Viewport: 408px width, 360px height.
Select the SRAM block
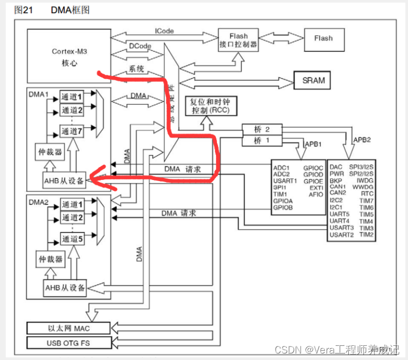tap(313, 81)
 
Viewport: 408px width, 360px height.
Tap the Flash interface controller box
tap(238, 39)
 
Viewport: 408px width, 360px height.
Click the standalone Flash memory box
tap(323, 38)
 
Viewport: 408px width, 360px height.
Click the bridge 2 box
tap(262, 129)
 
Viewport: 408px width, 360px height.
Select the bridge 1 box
tap(262, 140)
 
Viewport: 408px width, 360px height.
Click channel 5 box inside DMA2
tap(72, 239)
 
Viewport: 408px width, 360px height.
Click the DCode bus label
tap(139, 47)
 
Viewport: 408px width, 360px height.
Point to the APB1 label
tap(313, 145)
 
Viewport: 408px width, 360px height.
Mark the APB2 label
tap(362, 139)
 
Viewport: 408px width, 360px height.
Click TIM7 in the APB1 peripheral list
tap(366, 201)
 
